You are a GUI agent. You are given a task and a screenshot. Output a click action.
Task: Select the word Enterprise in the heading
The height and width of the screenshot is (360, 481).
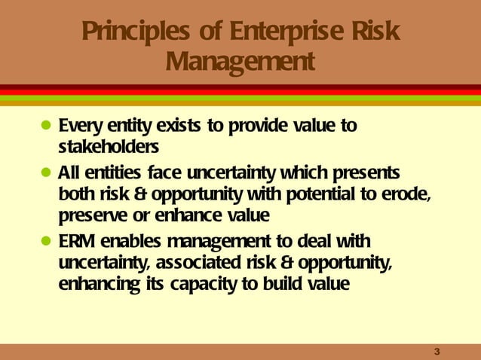[x=285, y=33]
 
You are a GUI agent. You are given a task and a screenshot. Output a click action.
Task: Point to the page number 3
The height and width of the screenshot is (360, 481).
[x=437, y=352]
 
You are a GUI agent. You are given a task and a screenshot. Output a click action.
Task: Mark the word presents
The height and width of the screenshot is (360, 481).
[x=366, y=171]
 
